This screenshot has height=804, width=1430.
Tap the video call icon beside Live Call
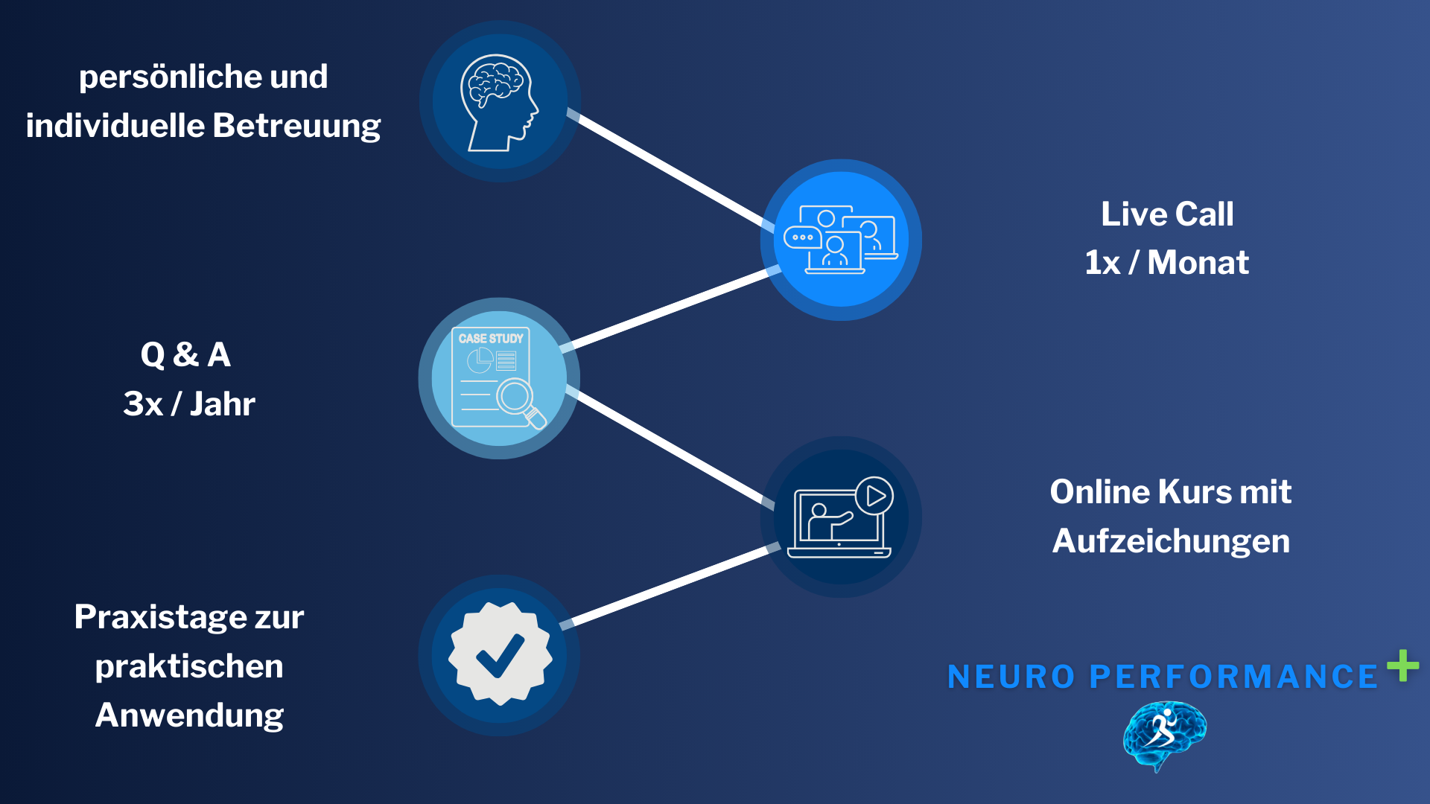click(x=841, y=239)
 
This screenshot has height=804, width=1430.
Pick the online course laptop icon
click(x=841, y=517)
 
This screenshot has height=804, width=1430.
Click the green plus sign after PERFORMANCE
click(x=1402, y=666)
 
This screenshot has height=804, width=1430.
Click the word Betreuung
click(x=296, y=126)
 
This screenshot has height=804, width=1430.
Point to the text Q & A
click(x=185, y=354)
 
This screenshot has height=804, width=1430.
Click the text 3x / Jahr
click(x=189, y=404)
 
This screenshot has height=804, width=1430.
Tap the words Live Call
click(x=1167, y=214)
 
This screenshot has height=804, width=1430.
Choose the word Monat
click(x=1198, y=263)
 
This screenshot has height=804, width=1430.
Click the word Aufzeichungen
click(x=1171, y=541)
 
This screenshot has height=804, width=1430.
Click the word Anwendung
click(x=189, y=715)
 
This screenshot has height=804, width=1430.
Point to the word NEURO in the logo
click(x=1011, y=677)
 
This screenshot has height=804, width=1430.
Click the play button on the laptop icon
click(x=874, y=496)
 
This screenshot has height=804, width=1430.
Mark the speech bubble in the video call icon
click(x=802, y=237)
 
